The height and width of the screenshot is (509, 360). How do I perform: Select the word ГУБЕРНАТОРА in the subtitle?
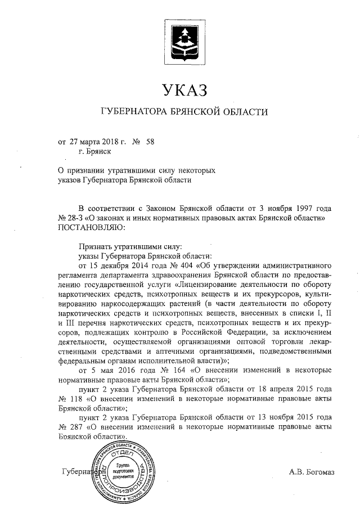[x=132, y=112]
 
